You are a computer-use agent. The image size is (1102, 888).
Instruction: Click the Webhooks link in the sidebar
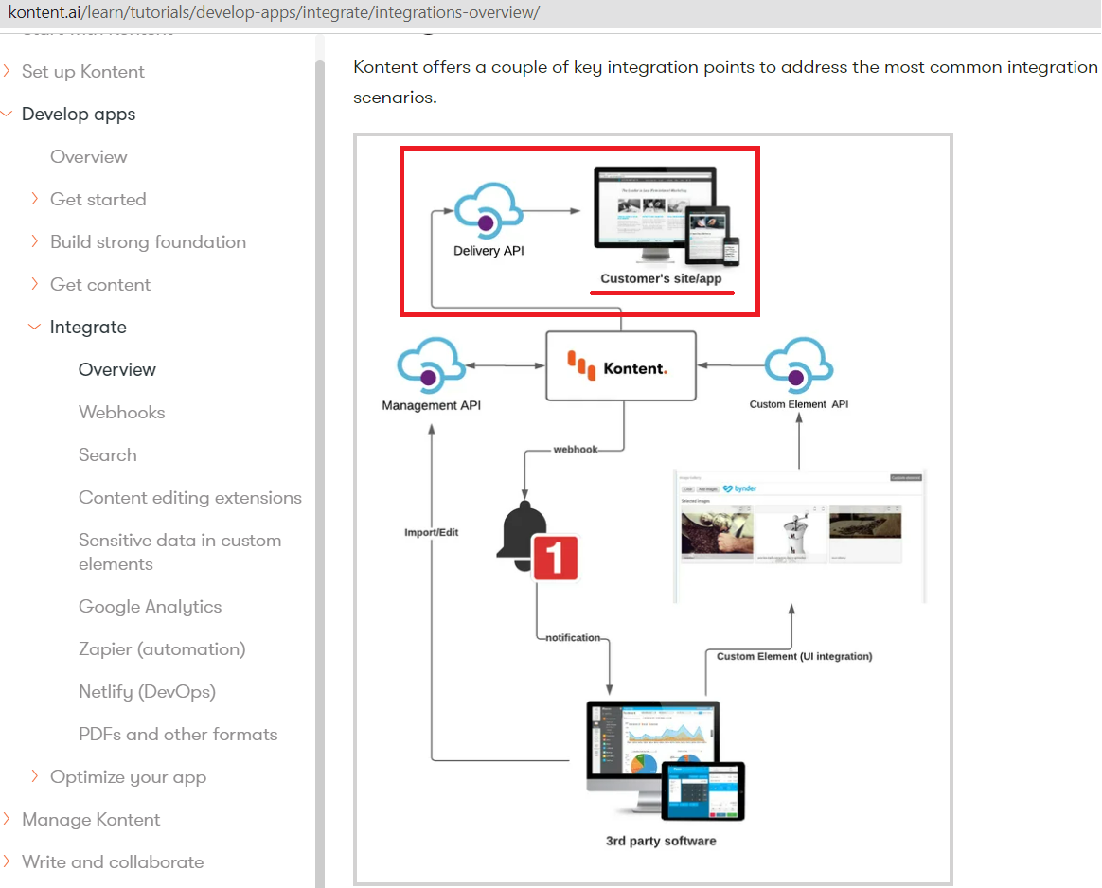pyautogui.click(x=121, y=413)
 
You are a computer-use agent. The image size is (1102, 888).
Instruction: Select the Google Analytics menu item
pyautogui.click(x=150, y=607)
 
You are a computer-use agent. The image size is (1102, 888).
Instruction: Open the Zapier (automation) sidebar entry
pyautogui.click(x=162, y=649)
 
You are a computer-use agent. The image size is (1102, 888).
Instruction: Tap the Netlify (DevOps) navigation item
pyautogui.click(x=147, y=692)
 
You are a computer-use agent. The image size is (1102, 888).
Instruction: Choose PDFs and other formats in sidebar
pyautogui.click(x=178, y=735)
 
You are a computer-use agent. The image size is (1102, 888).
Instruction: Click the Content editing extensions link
pyautogui.click(x=190, y=498)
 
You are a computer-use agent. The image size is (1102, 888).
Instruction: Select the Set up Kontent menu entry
pyautogui.click(x=83, y=72)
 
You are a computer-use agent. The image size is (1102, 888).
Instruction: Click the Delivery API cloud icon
pyautogui.click(x=489, y=214)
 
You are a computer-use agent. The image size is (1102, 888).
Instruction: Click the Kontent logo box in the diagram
pyautogui.click(x=620, y=366)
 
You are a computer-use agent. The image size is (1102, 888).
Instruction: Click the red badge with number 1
pyautogui.click(x=556, y=558)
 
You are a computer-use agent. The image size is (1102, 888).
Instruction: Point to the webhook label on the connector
pyautogui.click(x=576, y=449)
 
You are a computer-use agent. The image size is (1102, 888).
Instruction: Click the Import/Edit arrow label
pyautogui.click(x=431, y=532)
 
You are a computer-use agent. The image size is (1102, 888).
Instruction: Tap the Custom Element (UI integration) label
pyautogui.click(x=794, y=656)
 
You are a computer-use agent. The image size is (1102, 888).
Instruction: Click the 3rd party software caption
pyautogui.click(x=661, y=841)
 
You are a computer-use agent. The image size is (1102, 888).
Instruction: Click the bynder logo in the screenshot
pyautogui.click(x=739, y=488)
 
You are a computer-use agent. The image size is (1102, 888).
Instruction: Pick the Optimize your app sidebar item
pyautogui.click(x=128, y=777)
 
